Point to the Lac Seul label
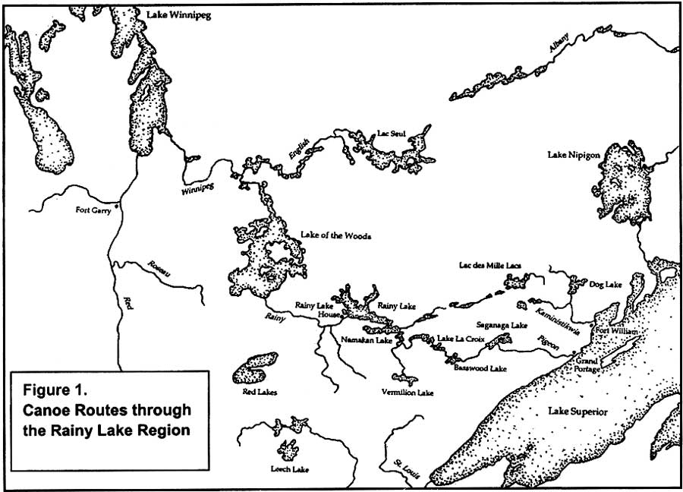[389, 134]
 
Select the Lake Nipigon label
[574, 155]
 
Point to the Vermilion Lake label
[408, 393]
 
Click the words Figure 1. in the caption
[56, 393]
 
